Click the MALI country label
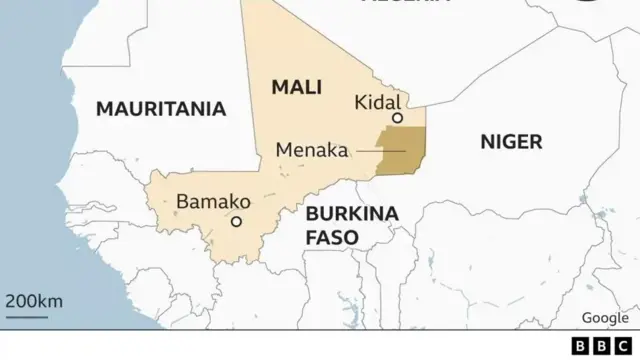click(x=296, y=87)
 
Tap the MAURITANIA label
click(x=160, y=109)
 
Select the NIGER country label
click(x=511, y=141)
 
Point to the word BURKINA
click(x=352, y=213)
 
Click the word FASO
click(x=331, y=237)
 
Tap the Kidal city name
click(x=377, y=102)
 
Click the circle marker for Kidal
click(x=397, y=118)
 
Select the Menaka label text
click(x=311, y=151)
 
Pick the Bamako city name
click(x=213, y=201)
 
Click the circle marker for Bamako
click(x=237, y=222)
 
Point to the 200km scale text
click(x=34, y=301)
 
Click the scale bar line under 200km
click(x=27, y=317)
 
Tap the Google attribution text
click(x=604, y=317)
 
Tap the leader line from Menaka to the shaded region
click(x=380, y=151)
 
